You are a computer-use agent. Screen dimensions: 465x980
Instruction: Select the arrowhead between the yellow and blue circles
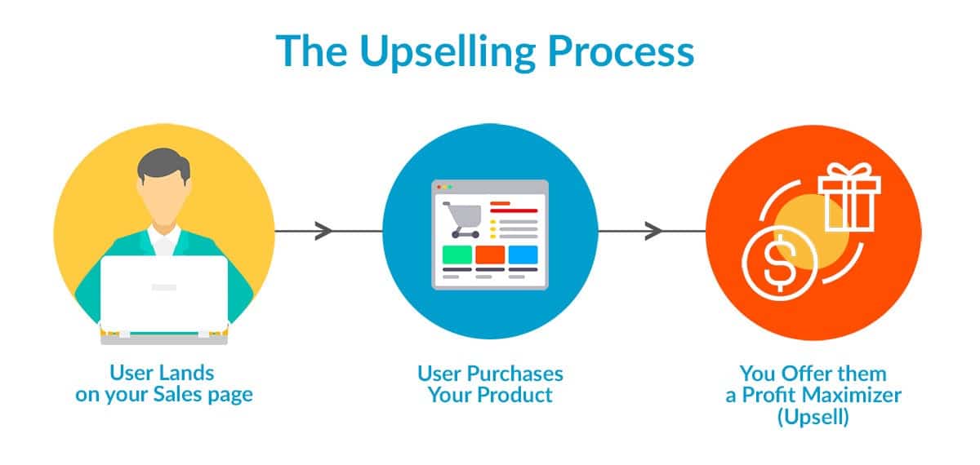(x=323, y=231)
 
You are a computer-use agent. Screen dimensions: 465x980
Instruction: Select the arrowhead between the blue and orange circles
(x=653, y=231)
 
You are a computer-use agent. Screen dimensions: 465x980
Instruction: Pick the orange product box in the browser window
(x=490, y=254)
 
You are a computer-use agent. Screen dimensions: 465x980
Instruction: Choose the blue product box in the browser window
(x=523, y=254)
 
